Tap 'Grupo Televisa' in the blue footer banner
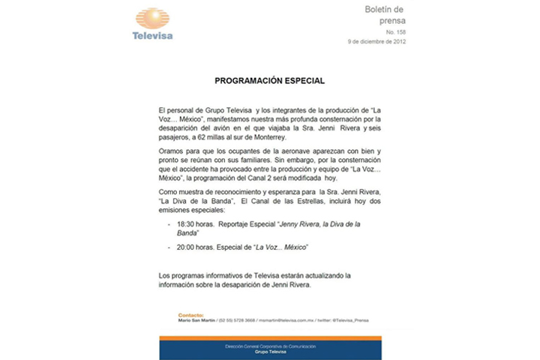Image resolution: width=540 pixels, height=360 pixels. (x=269, y=351)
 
